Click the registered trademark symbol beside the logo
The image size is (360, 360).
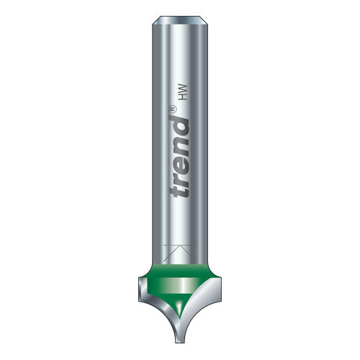tap(173, 109)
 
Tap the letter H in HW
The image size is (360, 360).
tap(183, 96)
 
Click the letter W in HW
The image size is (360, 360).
tap(183, 88)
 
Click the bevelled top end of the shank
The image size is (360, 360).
tap(180, 20)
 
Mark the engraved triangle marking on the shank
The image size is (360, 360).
tap(180, 253)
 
